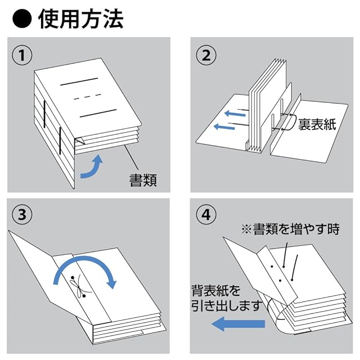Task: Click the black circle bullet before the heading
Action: (21, 19)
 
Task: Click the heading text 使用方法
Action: (80, 19)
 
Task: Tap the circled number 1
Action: (22, 55)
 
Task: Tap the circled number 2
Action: (206, 55)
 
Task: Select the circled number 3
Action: (22, 214)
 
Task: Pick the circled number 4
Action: (206, 214)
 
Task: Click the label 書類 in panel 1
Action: (141, 179)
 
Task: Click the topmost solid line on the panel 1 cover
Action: (79, 85)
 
